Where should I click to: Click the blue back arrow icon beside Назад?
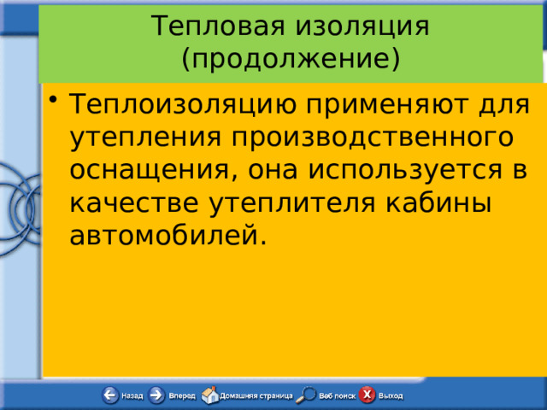(109, 395)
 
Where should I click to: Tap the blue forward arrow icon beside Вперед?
(156, 395)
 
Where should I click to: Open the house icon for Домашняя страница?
(209, 395)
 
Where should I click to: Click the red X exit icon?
(367, 395)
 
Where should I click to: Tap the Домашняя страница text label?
(256, 396)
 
